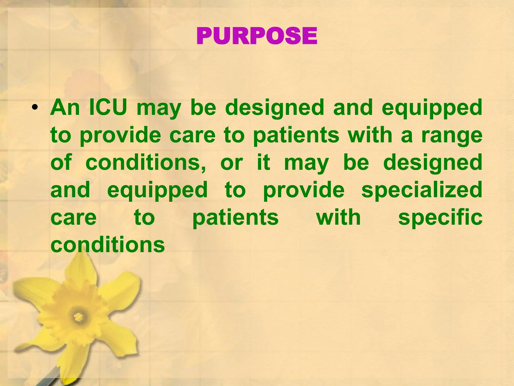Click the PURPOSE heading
tap(257, 36)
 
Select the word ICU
tap(108, 108)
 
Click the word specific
tap(440, 218)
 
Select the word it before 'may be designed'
tap(264, 163)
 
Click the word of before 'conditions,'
tap(61, 163)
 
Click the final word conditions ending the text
tap(107, 245)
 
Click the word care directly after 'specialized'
tap(73, 218)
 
